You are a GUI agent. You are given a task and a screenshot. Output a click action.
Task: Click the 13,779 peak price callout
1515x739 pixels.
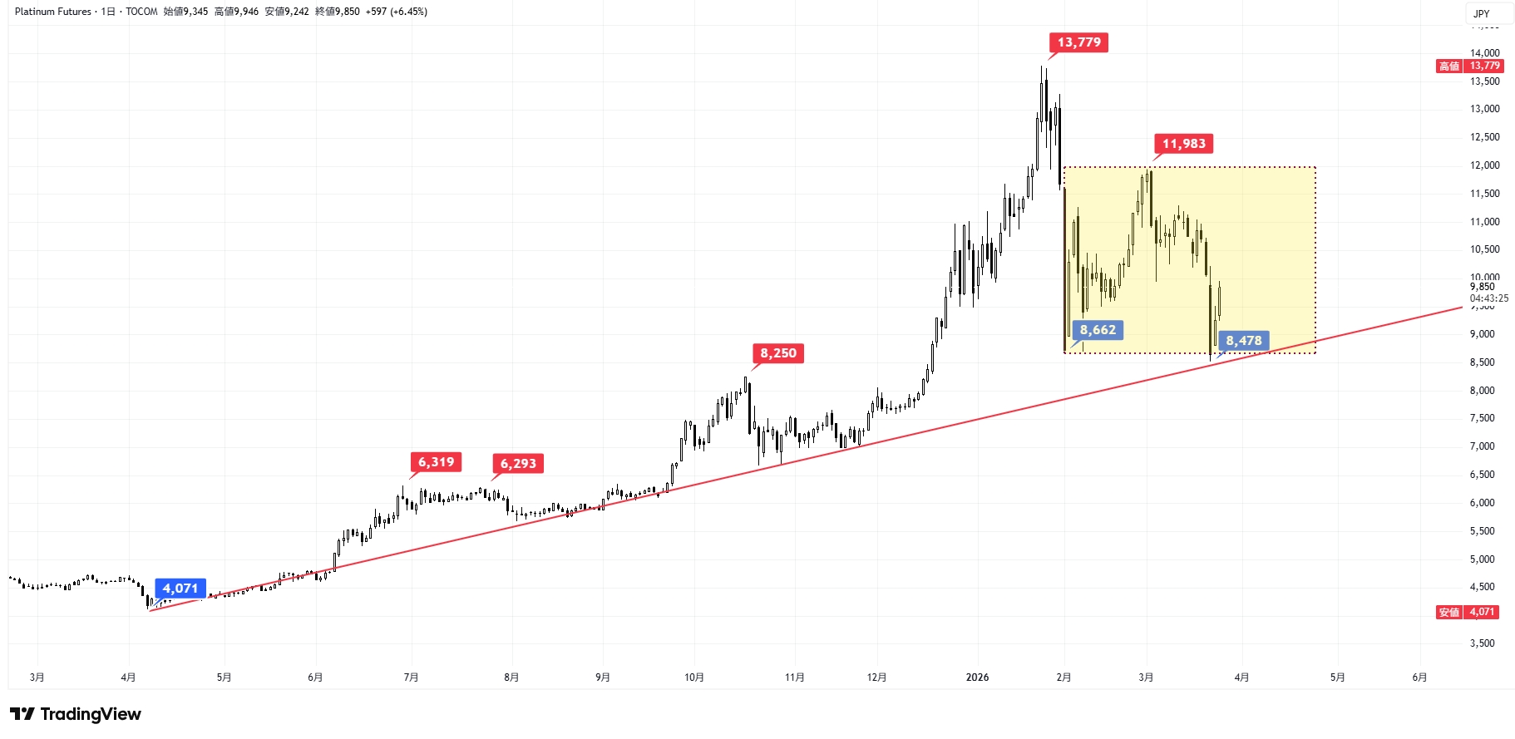pos(1078,42)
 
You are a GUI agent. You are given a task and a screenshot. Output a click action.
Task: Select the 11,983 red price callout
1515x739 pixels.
pos(1183,144)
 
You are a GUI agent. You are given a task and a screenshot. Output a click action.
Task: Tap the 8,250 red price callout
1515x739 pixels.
pos(777,353)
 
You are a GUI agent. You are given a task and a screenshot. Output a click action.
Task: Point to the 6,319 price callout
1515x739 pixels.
pos(436,462)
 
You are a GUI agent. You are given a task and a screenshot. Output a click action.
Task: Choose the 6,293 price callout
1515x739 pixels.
pos(518,464)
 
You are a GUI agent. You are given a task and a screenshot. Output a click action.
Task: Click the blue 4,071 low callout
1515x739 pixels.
pos(180,589)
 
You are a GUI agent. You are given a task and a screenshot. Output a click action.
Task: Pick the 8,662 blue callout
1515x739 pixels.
pos(1098,330)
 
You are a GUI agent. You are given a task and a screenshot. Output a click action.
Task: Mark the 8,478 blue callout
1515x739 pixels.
pos(1243,341)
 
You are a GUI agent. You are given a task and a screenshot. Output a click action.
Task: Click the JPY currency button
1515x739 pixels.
pos(1482,13)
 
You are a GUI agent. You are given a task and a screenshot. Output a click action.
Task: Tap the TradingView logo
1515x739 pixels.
pos(76,714)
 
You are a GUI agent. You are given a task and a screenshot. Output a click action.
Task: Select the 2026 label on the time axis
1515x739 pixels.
pos(977,677)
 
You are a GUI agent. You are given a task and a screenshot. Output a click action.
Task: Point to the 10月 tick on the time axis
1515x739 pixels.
pos(694,677)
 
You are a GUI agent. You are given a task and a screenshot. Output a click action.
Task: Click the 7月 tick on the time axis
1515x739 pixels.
pos(411,677)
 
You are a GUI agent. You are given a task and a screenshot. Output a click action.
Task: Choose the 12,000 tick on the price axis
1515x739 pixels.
pos(1484,165)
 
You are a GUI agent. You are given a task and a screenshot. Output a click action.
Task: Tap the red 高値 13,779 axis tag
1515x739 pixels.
pos(1470,66)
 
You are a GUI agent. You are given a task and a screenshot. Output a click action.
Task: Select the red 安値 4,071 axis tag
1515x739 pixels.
pos(1470,612)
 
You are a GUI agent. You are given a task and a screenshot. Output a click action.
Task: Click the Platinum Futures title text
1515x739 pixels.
pos(53,12)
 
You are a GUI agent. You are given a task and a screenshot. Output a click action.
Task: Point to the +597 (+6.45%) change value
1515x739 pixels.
pos(397,12)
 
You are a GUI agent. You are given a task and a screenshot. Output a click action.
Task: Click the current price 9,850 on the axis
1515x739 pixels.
pos(1482,287)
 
